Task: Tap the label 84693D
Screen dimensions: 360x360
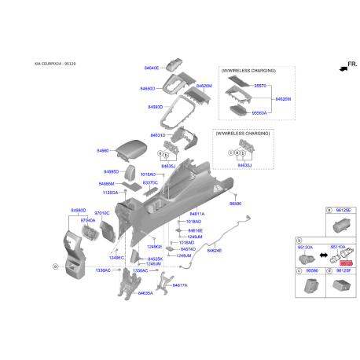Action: pos(154,106)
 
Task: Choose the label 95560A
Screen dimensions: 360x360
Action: pos(259,112)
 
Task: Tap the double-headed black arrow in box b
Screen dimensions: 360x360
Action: pos(323,255)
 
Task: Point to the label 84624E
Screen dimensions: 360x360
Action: pos(214,250)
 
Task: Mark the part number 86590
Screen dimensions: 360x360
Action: pos(234,203)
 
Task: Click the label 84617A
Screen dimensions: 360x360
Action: pos(180,285)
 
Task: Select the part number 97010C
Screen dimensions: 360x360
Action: pos(102,213)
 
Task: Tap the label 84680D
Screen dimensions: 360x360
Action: pos(78,211)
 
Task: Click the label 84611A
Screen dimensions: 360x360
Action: pos(197,214)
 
